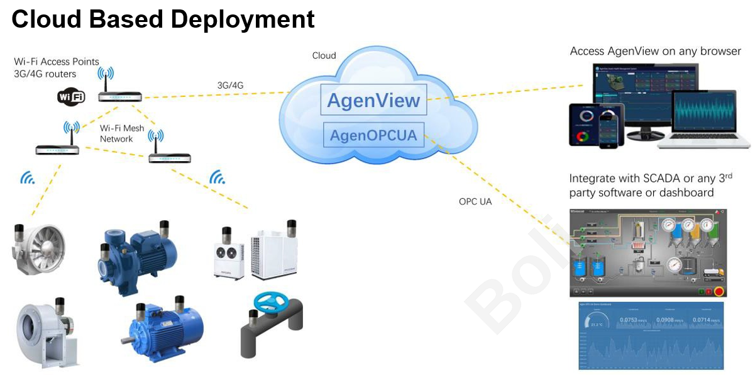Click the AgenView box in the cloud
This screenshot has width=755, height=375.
click(373, 101)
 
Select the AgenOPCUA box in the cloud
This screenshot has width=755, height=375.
click(373, 135)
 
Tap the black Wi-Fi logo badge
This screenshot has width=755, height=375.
click(70, 97)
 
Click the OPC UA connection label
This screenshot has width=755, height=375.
click(475, 202)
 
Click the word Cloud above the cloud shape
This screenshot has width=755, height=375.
click(324, 55)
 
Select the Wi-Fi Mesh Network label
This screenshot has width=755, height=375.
click(122, 133)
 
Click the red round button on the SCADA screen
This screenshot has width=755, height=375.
click(718, 291)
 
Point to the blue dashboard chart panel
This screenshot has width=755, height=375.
click(651, 336)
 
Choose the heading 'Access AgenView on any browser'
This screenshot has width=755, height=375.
click(655, 51)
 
